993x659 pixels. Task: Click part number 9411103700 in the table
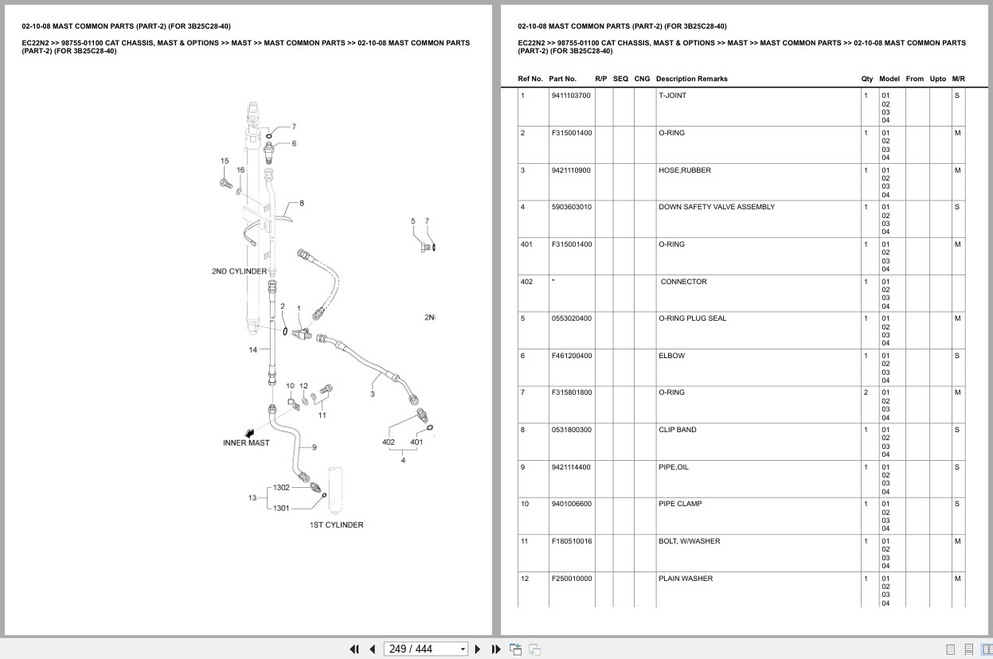(x=571, y=96)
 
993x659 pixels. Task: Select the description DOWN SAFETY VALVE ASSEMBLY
(x=717, y=207)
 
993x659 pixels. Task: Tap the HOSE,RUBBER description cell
(x=685, y=170)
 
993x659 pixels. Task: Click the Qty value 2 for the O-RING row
(x=866, y=392)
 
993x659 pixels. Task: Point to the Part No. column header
(x=562, y=79)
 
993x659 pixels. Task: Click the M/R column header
(x=959, y=79)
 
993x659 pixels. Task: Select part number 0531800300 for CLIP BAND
(x=572, y=430)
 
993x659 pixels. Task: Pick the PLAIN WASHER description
(x=686, y=579)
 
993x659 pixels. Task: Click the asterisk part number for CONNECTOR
(x=553, y=281)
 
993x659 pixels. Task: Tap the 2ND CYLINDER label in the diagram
(x=240, y=271)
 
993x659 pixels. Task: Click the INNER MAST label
(x=246, y=443)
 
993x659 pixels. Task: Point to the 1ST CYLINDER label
(x=337, y=525)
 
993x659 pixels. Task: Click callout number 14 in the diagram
(x=252, y=349)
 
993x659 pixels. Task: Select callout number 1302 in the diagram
(x=281, y=488)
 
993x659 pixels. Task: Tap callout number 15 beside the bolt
(x=225, y=161)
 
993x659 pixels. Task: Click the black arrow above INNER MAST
(x=250, y=433)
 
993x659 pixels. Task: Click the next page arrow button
(x=478, y=649)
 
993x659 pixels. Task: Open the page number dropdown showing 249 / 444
(x=463, y=649)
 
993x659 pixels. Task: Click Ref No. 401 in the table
(x=526, y=244)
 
